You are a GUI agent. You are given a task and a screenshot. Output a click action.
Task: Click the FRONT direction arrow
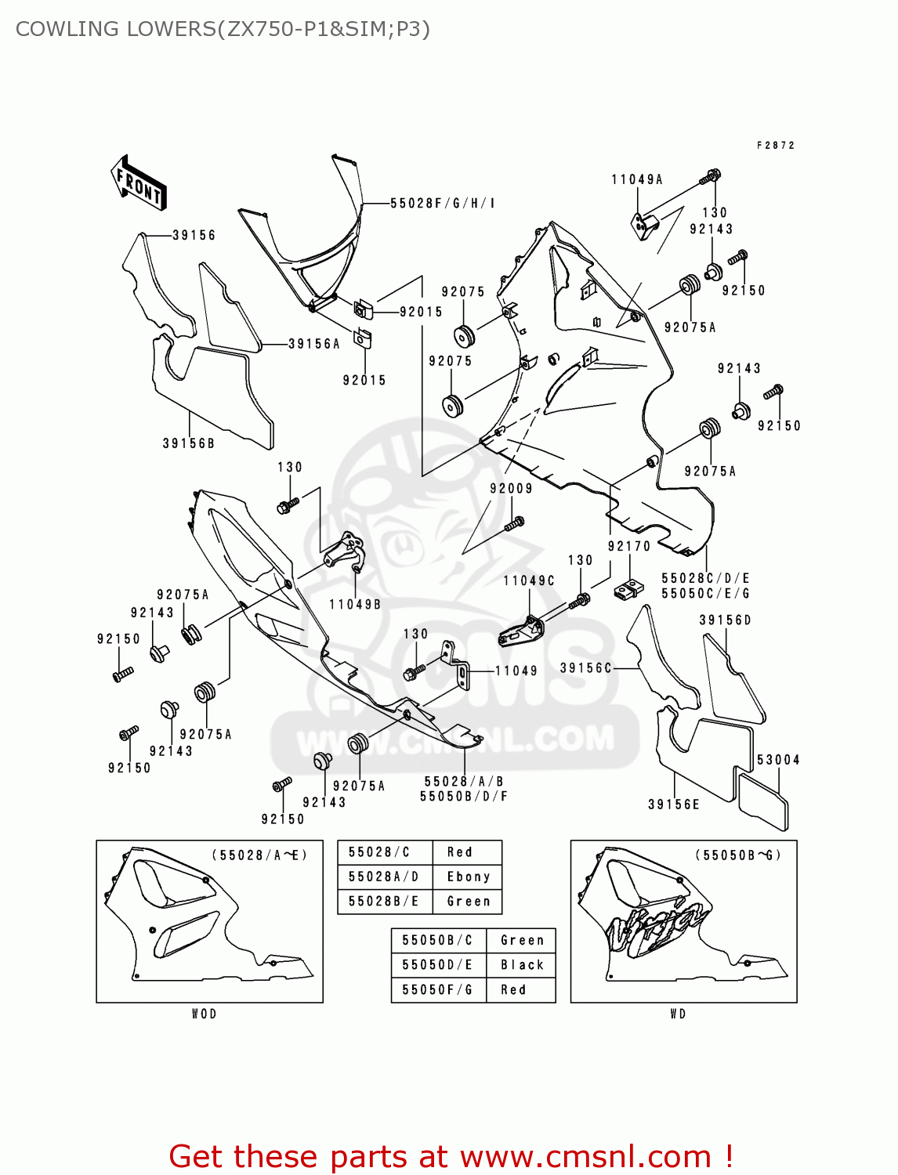click(139, 183)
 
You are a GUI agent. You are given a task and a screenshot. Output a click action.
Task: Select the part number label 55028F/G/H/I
click(442, 204)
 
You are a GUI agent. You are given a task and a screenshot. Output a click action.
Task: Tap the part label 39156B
click(188, 443)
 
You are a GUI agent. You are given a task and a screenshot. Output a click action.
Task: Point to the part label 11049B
click(355, 605)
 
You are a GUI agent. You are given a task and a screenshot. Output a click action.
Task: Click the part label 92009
click(511, 489)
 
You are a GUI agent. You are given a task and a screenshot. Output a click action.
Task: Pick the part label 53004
click(778, 760)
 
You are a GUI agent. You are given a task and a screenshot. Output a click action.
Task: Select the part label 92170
click(629, 547)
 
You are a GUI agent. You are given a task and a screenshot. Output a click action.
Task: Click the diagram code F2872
click(776, 146)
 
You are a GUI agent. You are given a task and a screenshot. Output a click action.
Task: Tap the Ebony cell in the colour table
click(468, 877)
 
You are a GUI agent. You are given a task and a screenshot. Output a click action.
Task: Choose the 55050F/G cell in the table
click(437, 990)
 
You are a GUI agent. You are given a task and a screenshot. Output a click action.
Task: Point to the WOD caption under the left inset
click(204, 1014)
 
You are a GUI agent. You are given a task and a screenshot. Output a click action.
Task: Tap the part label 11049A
click(636, 180)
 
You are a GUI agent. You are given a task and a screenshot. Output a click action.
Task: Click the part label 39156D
click(725, 620)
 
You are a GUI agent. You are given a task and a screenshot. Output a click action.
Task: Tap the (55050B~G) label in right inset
click(737, 855)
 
